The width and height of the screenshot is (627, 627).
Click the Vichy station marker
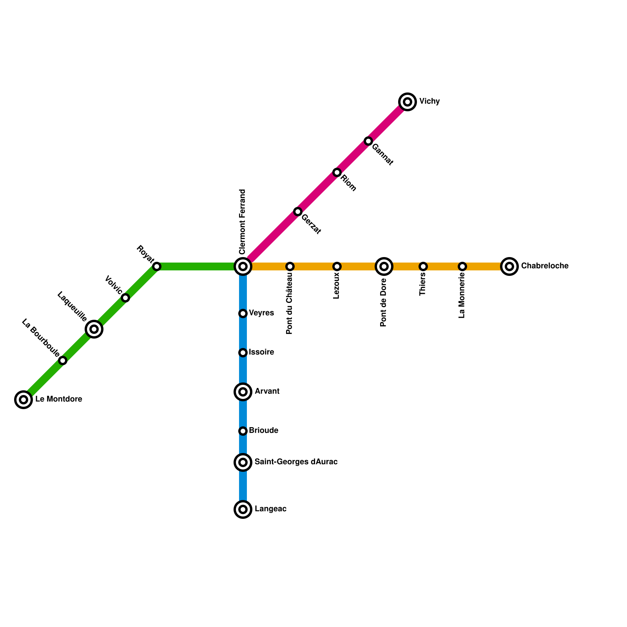[408, 102]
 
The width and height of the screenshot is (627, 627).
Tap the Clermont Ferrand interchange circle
[243, 266]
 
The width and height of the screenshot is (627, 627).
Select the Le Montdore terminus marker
[24, 400]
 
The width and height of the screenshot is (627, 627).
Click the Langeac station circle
[243, 509]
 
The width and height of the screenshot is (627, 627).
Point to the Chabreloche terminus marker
[509, 266]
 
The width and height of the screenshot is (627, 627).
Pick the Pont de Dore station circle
[384, 266]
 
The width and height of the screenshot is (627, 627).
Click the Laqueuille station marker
[94, 329]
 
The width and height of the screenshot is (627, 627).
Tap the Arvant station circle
[243, 392]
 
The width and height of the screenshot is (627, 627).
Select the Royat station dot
[157, 266]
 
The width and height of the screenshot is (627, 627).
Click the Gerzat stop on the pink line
[298, 212]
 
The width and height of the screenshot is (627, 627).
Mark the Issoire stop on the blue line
[243, 353]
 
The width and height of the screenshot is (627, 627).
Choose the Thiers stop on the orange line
[423, 266]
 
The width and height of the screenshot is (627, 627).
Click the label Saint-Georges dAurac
[296, 462]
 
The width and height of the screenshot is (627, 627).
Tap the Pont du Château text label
[290, 304]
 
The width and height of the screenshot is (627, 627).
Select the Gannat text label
[382, 154]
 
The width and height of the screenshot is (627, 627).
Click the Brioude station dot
[243, 431]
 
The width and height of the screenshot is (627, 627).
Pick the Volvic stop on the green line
[125, 298]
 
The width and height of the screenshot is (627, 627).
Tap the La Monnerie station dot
[462, 266]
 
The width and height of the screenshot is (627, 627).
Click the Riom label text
[348, 183]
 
